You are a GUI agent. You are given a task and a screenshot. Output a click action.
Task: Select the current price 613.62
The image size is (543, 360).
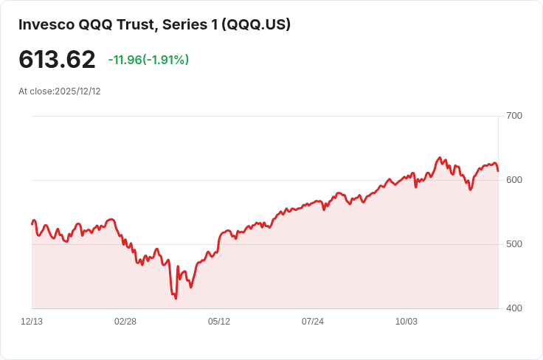[x=57, y=60]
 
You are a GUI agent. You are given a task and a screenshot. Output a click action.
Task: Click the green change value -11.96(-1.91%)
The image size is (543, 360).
[x=148, y=60]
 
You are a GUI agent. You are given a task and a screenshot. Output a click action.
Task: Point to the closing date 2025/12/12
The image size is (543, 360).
[x=77, y=91]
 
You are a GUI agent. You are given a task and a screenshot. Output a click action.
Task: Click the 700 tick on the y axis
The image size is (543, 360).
[x=514, y=116]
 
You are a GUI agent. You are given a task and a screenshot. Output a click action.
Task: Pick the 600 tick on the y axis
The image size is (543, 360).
[x=514, y=180]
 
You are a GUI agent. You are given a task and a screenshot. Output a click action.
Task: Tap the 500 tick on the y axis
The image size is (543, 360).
[x=514, y=244]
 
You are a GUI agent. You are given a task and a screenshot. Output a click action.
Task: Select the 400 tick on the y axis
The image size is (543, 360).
[x=514, y=308]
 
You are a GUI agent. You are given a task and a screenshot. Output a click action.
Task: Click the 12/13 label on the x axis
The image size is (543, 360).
[x=32, y=322]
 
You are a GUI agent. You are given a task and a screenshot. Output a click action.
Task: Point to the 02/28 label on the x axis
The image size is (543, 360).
[x=125, y=322]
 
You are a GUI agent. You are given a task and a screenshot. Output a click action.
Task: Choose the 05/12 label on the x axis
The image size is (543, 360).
[x=219, y=322]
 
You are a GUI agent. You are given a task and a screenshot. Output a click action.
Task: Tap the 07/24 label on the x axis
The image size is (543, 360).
[x=313, y=322]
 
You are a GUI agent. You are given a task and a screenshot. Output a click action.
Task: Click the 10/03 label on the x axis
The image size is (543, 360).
[x=407, y=322]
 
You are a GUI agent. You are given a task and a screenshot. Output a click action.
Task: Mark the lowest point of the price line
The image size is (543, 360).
[x=176, y=298]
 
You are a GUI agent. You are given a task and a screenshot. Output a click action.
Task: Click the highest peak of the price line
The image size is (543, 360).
[x=440, y=158]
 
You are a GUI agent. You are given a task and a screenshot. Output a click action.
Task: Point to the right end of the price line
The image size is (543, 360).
[x=498, y=171]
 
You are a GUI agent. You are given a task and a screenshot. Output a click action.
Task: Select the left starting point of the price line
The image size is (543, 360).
[x=32, y=224]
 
